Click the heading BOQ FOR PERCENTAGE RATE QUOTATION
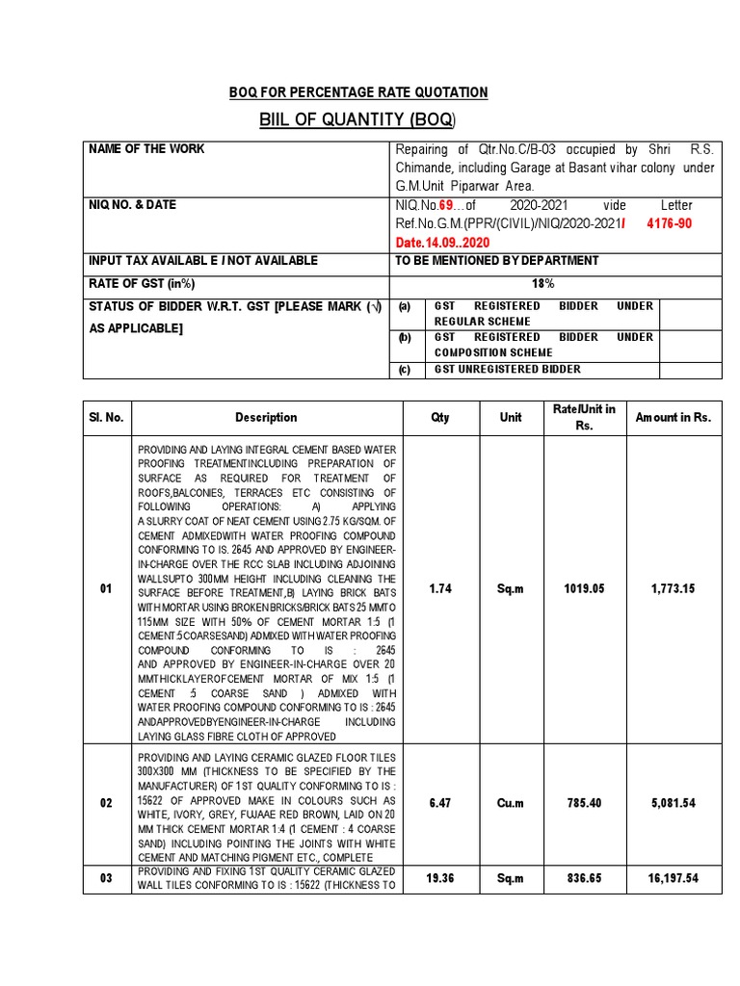pyautogui.click(x=358, y=92)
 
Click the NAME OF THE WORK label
pyautogui.click(x=146, y=149)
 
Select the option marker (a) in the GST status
pyautogui.click(x=406, y=306)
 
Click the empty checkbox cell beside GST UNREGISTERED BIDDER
pyautogui.click(x=688, y=370)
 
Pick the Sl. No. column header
pyautogui.click(x=106, y=417)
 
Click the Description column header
pyautogui.click(x=266, y=417)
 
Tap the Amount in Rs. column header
pyautogui.click(x=673, y=417)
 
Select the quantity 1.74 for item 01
pyautogui.click(x=440, y=589)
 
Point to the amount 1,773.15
pyautogui.click(x=673, y=589)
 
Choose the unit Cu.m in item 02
pyautogui.click(x=511, y=802)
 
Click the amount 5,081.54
pyautogui.click(x=673, y=802)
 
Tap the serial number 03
pyautogui.click(x=106, y=878)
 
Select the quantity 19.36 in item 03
pyautogui.click(x=440, y=878)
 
